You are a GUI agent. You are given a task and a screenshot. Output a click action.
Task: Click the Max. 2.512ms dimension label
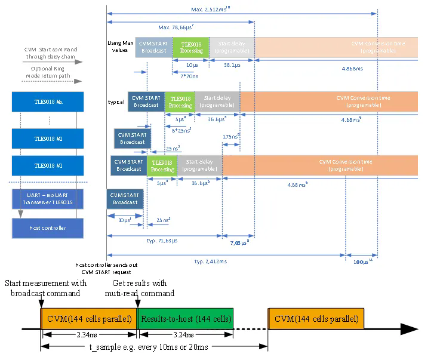[211, 9]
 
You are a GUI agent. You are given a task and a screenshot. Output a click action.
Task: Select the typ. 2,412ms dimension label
[211, 261]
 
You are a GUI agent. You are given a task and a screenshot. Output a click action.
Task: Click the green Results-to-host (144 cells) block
[185, 319]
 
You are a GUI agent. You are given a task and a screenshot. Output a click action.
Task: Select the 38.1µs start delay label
[232, 64]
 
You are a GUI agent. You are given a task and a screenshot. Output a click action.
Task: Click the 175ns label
[231, 137]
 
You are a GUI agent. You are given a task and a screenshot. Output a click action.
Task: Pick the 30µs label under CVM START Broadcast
[124, 220]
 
